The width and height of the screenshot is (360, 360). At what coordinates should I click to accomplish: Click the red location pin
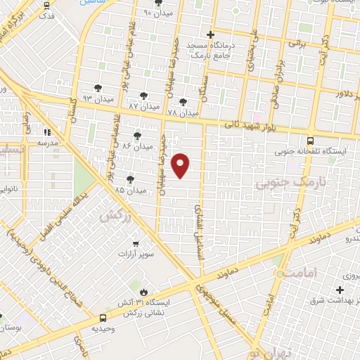(181, 165)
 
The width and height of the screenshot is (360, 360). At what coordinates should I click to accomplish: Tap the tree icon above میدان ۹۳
(97, 89)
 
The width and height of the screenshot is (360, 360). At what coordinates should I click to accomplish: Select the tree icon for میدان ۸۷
(144, 96)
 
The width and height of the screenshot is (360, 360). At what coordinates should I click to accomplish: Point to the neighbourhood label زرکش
(116, 216)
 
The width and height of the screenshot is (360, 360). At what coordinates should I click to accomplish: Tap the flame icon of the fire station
(144, 289)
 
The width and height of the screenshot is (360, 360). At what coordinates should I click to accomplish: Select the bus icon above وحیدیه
(95, 327)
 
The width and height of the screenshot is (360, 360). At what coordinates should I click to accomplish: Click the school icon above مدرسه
(48, 131)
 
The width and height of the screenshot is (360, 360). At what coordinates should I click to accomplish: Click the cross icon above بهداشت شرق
(340, 290)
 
